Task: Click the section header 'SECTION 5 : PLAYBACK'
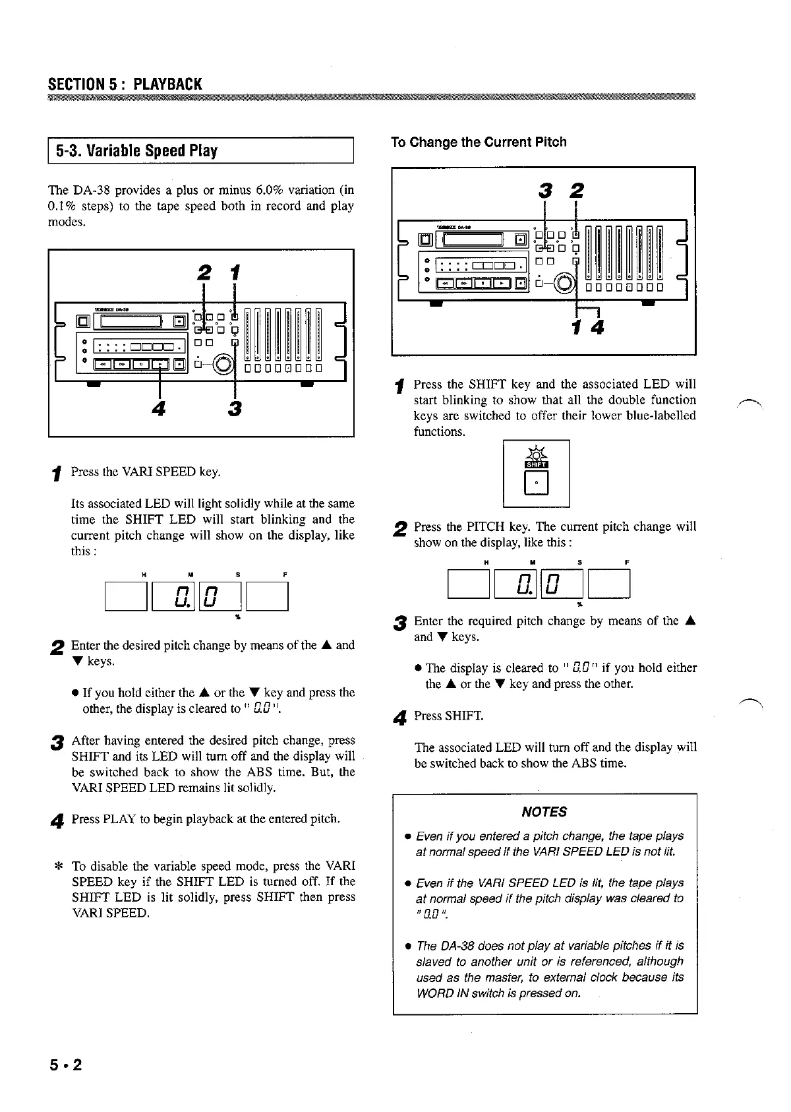coord(125,84)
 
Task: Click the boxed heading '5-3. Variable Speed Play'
coord(136,150)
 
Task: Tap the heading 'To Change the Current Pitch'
coord(479,142)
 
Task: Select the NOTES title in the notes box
coord(544,812)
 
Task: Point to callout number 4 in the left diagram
coord(158,409)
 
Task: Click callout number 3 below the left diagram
coord(235,409)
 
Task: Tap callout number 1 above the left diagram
coord(235,272)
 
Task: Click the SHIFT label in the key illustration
coord(536,464)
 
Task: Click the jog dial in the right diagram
coord(566,283)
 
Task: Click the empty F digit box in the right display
coord(609,584)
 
